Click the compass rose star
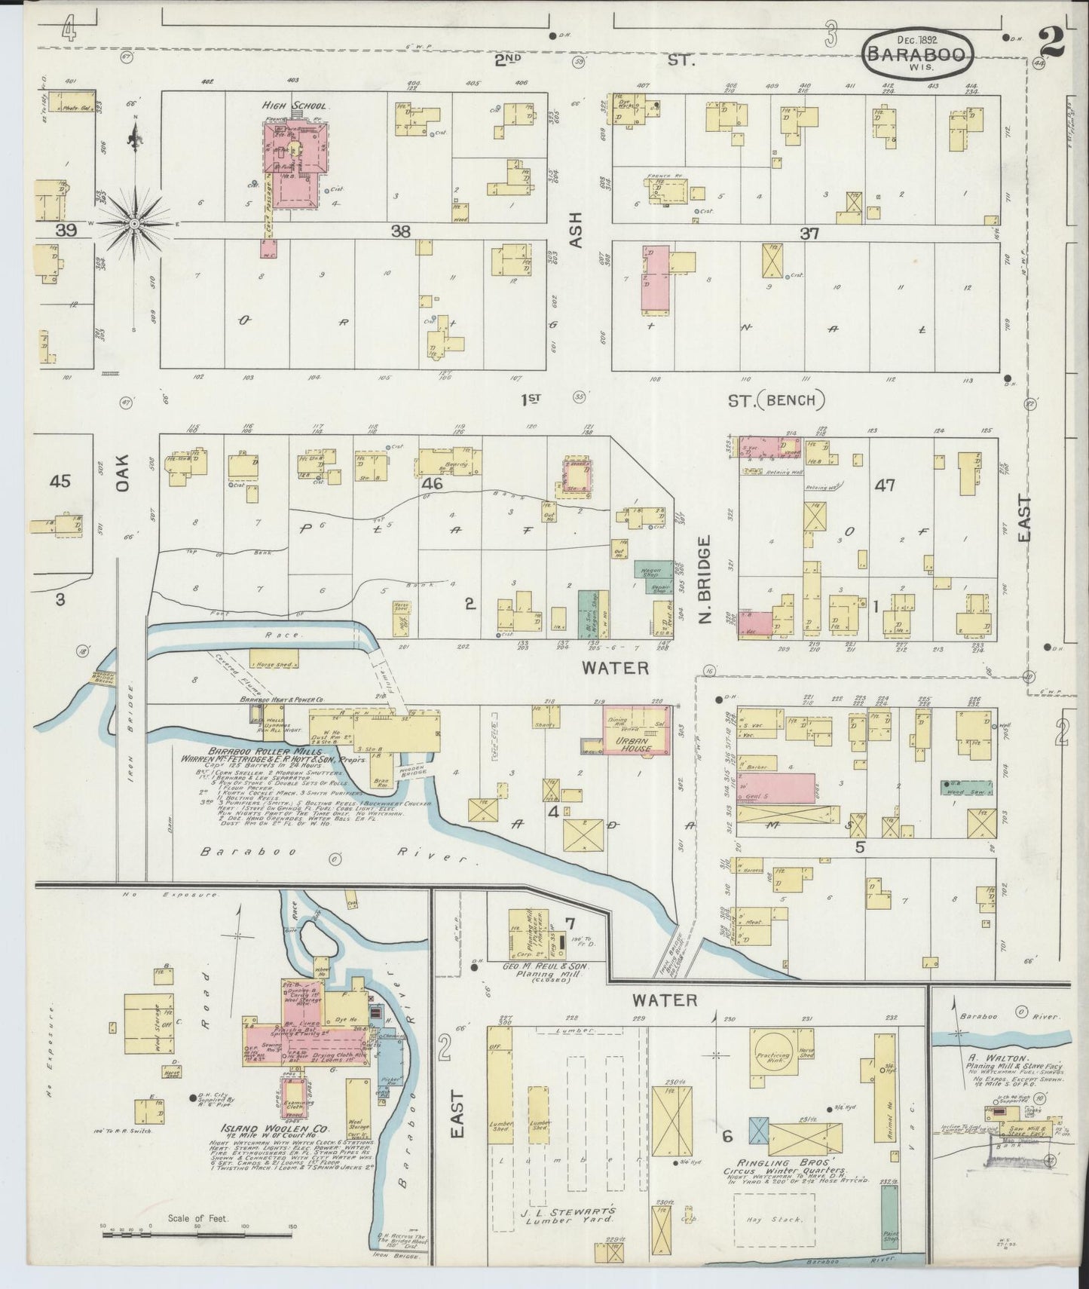click(x=134, y=223)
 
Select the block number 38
click(x=400, y=232)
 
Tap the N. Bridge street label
click(x=705, y=580)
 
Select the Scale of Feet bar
click(x=197, y=1235)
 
